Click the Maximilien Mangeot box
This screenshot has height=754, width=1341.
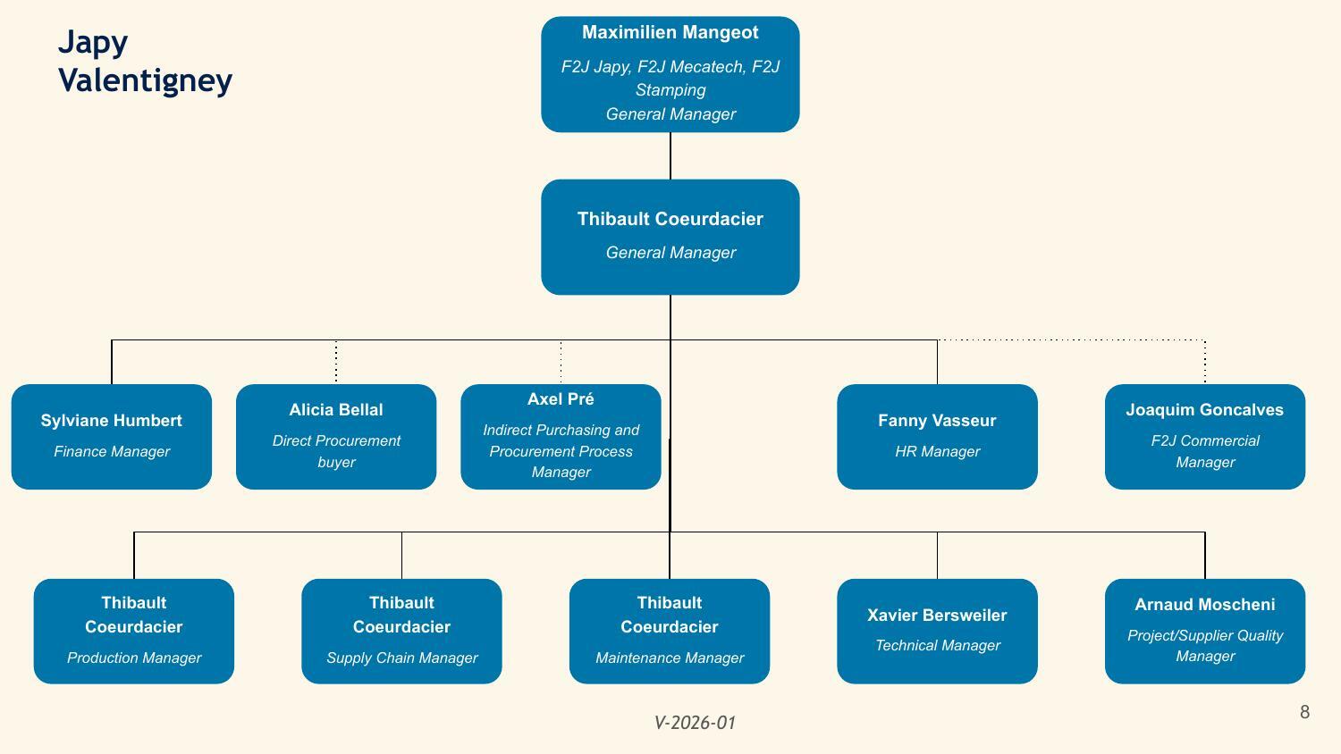[x=670, y=74]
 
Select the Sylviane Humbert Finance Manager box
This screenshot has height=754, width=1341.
[x=112, y=436]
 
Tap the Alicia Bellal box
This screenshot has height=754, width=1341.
[x=336, y=436]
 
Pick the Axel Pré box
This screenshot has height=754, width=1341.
[x=561, y=436]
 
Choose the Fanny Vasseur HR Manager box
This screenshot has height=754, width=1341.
[x=937, y=436]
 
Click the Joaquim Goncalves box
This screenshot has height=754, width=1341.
[x=1204, y=436]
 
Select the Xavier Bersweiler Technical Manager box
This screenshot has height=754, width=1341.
[x=937, y=631]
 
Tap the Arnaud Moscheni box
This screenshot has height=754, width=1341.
[x=1204, y=631]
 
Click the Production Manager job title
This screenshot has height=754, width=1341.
[x=134, y=658]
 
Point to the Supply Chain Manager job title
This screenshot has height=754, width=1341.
[x=401, y=658]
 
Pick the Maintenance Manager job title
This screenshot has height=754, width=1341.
[x=670, y=658]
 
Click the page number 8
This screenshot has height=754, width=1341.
[x=1304, y=711]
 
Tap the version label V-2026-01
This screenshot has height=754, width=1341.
[x=695, y=722]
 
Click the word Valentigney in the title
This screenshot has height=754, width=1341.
[x=145, y=80]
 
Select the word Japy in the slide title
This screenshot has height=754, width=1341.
[x=93, y=43]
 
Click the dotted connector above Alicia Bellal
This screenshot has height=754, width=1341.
[x=336, y=362]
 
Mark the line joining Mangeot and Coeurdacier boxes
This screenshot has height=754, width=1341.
[x=670, y=155]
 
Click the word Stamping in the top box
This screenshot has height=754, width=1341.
[x=670, y=89]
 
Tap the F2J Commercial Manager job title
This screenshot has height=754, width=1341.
[x=1204, y=451]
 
